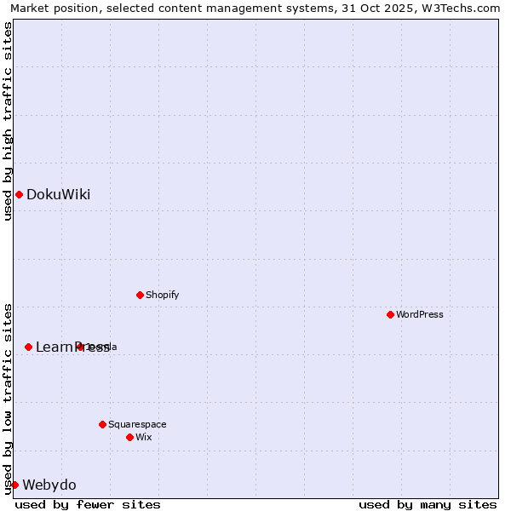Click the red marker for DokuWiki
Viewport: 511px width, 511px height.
[19, 195]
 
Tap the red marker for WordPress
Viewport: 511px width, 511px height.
[390, 315]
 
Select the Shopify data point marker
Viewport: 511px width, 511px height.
[140, 296]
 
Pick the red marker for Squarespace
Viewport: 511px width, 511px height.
[102, 424]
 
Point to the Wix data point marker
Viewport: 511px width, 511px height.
[129, 438]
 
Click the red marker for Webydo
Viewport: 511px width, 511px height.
[14, 485]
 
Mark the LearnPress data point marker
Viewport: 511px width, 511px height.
[28, 347]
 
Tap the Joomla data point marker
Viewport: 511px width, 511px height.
[80, 347]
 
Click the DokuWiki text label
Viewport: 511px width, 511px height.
[58, 195]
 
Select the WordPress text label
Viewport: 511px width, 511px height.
[420, 315]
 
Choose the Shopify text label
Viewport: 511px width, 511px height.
[162, 296]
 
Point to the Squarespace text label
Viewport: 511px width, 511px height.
[137, 424]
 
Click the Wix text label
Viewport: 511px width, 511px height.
[144, 438]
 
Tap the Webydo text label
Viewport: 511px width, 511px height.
[49, 485]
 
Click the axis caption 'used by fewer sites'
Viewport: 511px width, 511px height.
[88, 504]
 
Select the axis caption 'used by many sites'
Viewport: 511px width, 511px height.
[428, 504]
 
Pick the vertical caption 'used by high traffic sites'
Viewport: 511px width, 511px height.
[8, 121]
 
